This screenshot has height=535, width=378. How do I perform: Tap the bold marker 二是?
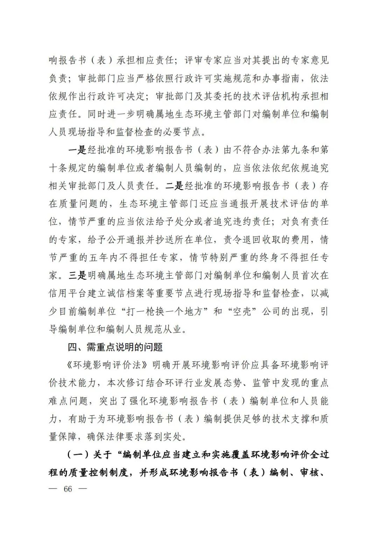point(174,186)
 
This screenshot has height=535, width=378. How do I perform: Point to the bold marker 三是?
point(77,276)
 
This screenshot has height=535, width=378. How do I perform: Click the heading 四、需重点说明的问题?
point(115,347)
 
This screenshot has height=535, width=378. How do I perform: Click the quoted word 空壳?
point(242,311)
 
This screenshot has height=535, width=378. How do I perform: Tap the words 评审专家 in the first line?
point(203,61)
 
